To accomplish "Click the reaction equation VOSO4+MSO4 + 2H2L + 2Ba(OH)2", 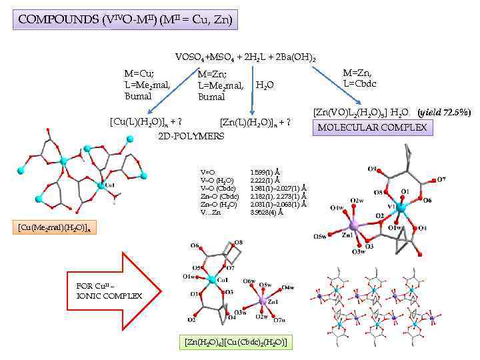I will click(x=245, y=58).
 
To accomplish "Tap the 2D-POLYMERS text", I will click(x=191, y=136).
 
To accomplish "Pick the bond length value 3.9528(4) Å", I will click(x=267, y=213).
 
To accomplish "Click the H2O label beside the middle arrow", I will click(x=265, y=85).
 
